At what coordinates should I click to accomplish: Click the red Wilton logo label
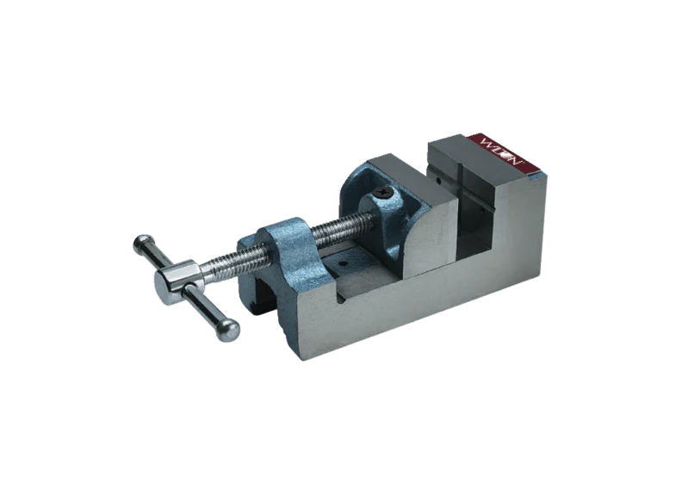pyautogui.click(x=506, y=154)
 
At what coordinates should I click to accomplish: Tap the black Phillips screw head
pyautogui.click(x=385, y=191)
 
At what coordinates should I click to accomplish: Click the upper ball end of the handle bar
pyautogui.click(x=142, y=244)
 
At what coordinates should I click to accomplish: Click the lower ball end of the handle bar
pyautogui.click(x=228, y=330)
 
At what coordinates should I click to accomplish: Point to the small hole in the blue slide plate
pyautogui.click(x=344, y=264)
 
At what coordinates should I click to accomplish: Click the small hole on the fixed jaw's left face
pyautogui.click(x=438, y=180)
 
